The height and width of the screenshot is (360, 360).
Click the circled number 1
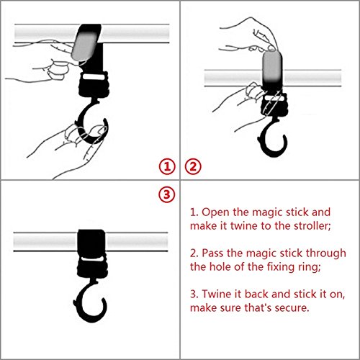tap(167, 166)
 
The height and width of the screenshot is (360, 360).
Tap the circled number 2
tap(193, 166)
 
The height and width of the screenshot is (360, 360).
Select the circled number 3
tap(167, 194)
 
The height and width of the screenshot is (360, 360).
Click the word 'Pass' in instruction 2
tap(212, 253)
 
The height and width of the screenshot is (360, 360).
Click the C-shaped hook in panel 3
tap(81, 305)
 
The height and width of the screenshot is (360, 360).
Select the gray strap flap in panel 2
tap(272, 66)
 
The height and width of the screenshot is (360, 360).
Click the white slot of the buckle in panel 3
tap(91, 258)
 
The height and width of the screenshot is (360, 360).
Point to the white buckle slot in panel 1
tap(94, 78)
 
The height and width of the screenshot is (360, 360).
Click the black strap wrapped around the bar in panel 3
tap(91, 242)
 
